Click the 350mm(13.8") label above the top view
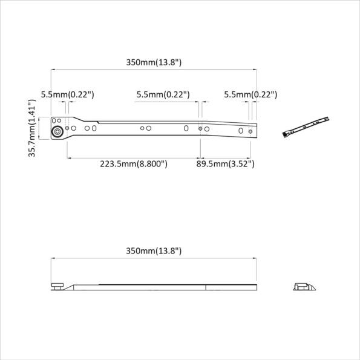click(x=154, y=62)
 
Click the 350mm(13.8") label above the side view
click(x=154, y=250)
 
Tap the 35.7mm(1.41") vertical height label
click(x=33, y=129)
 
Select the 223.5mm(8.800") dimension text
click(x=134, y=163)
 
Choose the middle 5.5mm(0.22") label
click(x=163, y=94)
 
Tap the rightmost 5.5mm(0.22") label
click(x=250, y=94)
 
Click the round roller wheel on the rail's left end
click(x=56, y=132)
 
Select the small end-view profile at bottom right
click(x=304, y=286)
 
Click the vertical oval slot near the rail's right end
click(x=241, y=131)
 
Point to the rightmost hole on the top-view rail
click(x=250, y=131)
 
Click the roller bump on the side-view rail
click(x=57, y=285)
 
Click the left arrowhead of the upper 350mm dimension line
click(x=53, y=70)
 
